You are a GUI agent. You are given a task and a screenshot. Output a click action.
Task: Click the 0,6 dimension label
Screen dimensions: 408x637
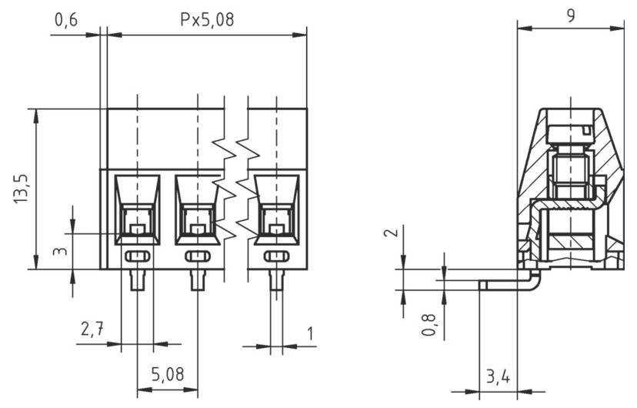click(x=66, y=21)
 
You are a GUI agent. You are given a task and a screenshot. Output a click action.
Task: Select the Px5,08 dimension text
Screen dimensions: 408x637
click(x=207, y=21)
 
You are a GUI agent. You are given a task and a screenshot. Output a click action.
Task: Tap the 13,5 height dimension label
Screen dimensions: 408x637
click(x=21, y=189)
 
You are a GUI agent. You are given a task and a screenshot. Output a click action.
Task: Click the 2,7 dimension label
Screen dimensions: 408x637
click(x=93, y=330)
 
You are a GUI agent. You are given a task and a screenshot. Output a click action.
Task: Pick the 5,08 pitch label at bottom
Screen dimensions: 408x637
click(x=167, y=375)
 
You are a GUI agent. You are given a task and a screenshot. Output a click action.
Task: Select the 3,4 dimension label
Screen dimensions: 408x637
click(x=498, y=376)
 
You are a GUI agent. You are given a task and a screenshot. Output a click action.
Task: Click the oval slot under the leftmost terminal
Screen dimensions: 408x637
click(x=137, y=256)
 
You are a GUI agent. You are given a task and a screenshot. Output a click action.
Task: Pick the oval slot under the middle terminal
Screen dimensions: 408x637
click(x=198, y=256)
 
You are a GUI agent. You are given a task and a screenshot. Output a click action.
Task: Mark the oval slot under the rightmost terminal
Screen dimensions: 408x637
click(x=276, y=256)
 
